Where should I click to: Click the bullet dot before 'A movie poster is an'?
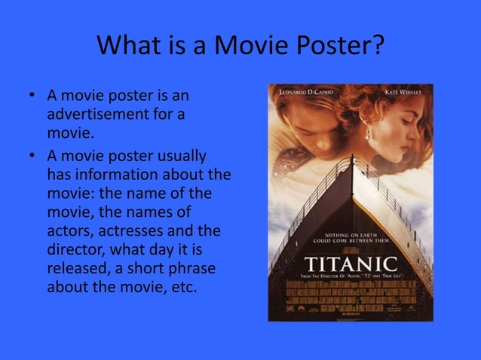pyautogui.click(x=32, y=98)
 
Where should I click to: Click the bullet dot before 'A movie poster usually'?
pyautogui.click(x=32, y=157)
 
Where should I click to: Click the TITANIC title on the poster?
pyautogui.click(x=351, y=264)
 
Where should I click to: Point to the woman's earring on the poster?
pyautogui.click(x=369, y=135)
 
